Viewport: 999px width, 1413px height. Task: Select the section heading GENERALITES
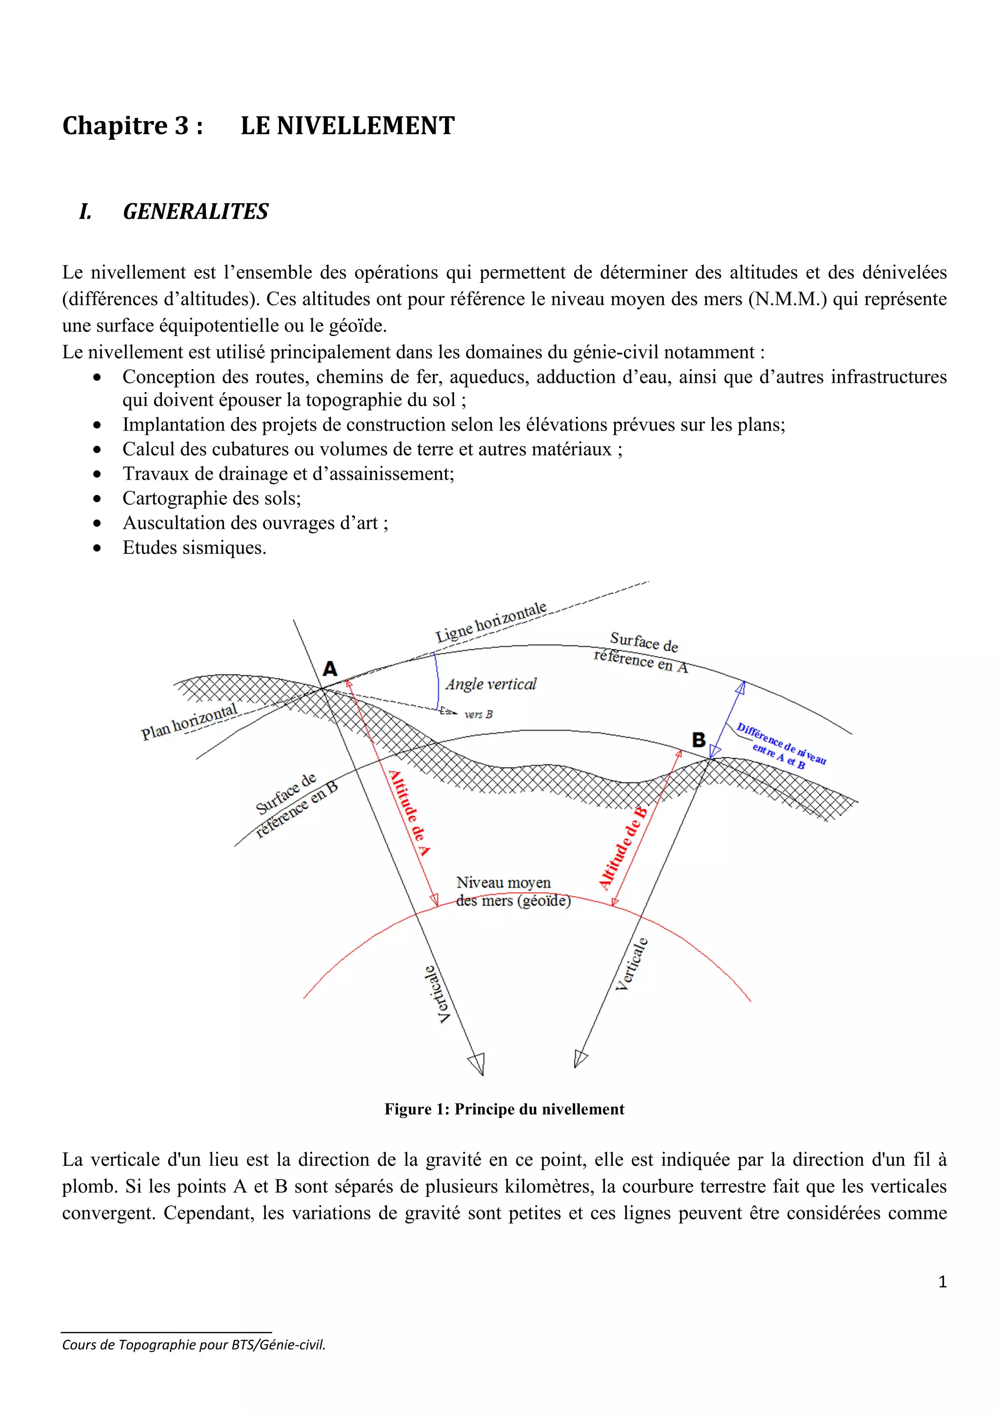coord(195,211)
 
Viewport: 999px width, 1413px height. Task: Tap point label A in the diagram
coord(330,668)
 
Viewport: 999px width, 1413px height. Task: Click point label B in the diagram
coord(698,739)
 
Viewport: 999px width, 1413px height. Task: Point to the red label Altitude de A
coord(409,812)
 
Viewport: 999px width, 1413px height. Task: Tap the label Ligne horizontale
coord(491,622)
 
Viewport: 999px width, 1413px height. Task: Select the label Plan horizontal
coord(189,721)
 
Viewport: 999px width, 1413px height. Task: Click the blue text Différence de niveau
coord(781,743)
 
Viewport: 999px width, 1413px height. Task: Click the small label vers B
coord(478,714)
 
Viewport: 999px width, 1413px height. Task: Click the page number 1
coord(942,1282)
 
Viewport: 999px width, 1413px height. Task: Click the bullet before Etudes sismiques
coord(97,548)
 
